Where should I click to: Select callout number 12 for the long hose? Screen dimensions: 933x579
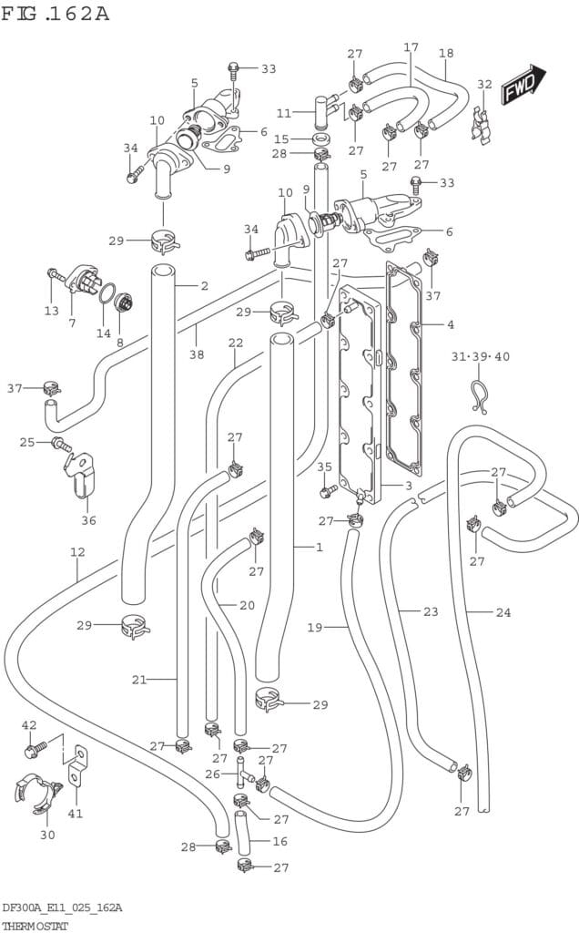(x=77, y=551)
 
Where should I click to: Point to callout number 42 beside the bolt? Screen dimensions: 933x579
(x=29, y=725)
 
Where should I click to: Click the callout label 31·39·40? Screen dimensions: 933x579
(x=481, y=356)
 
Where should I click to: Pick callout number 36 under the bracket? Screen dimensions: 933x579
(x=88, y=520)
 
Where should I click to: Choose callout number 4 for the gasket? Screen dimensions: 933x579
(x=450, y=324)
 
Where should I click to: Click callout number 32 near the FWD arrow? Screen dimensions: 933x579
(x=484, y=85)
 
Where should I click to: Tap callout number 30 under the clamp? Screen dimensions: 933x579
(x=47, y=834)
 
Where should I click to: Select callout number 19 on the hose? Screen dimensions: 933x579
(x=315, y=627)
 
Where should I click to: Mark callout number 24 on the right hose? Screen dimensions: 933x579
(x=503, y=612)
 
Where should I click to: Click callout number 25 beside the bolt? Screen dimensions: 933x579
(x=27, y=442)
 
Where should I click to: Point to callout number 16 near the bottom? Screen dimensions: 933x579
(x=280, y=841)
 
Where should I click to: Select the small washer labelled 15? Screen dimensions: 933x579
(x=320, y=138)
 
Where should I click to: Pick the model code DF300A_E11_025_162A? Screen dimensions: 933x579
(x=62, y=908)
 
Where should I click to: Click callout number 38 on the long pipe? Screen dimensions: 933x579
(x=196, y=355)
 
